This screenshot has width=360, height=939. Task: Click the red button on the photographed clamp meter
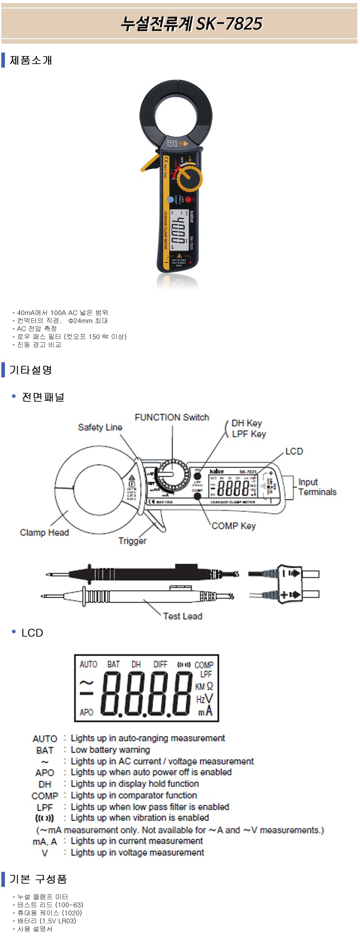click(x=188, y=200)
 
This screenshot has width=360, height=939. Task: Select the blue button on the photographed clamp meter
click(x=170, y=200)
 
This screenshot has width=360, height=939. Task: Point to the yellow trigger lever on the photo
click(x=150, y=164)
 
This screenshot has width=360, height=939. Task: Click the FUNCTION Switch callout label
click(x=172, y=417)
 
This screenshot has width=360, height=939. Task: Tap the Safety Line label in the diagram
click(x=100, y=427)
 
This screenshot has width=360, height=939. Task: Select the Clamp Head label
click(x=44, y=532)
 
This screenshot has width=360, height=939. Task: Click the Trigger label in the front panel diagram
click(x=132, y=541)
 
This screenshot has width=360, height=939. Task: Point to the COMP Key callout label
click(x=234, y=526)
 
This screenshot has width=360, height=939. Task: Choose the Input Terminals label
click(x=317, y=487)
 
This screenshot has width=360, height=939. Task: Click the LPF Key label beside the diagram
click(x=249, y=433)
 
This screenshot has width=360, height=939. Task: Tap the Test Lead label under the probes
click(x=182, y=616)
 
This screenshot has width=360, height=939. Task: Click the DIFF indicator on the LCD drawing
click(x=160, y=664)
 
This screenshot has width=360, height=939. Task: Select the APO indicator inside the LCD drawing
click(x=86, y=712)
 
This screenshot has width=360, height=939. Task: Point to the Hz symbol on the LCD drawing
click(x=200, y=700)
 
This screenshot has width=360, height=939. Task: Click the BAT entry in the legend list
click(x=45, y=750)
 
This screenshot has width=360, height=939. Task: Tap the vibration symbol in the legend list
click(x=44, y=818)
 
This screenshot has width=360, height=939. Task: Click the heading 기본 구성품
click(x=38, y=879)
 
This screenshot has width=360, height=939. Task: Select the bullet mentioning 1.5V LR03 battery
click(x=47, y=921)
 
